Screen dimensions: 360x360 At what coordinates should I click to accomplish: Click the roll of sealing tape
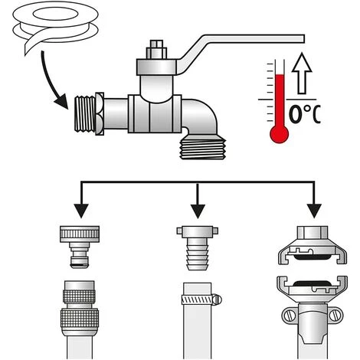click(55, 25)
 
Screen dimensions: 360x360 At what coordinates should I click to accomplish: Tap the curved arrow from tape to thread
click(48, 82)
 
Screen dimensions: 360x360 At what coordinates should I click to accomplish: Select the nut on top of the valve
click(156, 50)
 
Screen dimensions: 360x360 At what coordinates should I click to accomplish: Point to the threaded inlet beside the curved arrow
click(85, 114)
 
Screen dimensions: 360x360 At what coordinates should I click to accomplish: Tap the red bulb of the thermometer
click(280, 134)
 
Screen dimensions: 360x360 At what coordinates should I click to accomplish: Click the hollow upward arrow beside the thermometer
click(302, 74)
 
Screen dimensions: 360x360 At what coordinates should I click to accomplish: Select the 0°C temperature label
click(305, 114)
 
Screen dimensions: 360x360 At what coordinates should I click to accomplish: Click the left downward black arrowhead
click(81, 211)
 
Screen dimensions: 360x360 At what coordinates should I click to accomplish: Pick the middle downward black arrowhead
click(198, 211)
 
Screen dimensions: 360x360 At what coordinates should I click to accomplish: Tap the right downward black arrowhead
click(314, 211)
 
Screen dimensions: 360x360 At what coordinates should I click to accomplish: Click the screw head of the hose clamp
click(218, 299)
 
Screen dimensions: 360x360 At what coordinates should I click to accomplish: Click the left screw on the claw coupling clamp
click(289, 316)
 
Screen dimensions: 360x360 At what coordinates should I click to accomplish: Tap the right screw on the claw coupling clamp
click(335, 316)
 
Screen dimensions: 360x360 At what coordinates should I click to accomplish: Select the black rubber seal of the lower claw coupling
click(312, 283)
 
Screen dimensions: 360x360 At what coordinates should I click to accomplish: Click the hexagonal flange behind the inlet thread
click(100, 114)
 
